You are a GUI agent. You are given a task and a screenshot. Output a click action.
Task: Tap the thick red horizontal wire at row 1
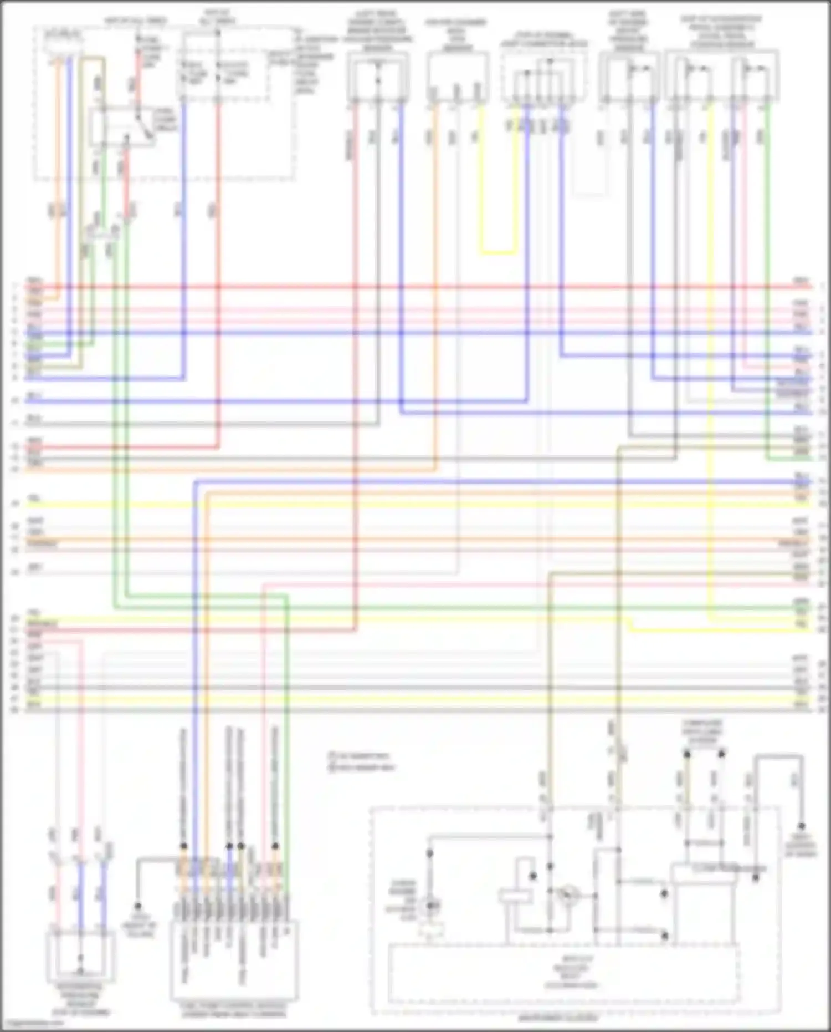point(416,287)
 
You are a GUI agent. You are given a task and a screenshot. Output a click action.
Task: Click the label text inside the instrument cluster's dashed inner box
point(563,979)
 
